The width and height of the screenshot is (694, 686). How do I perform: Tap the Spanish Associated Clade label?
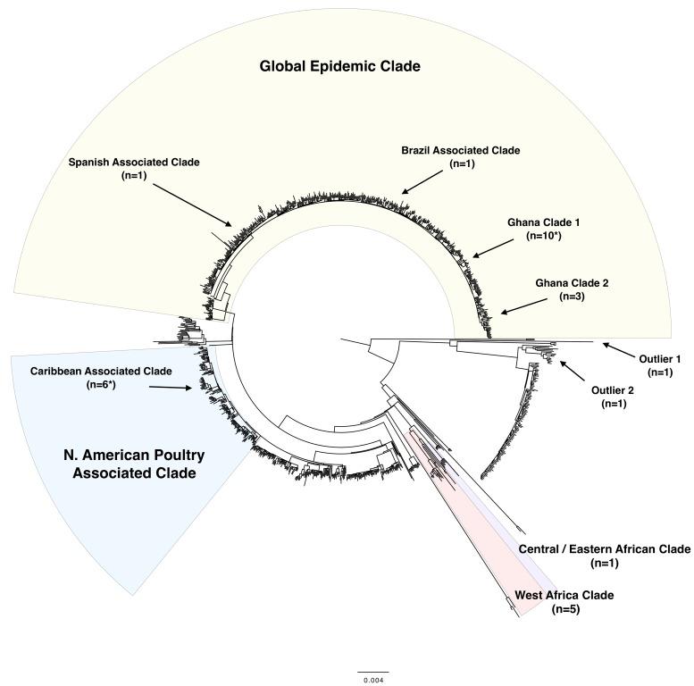coord(134,163)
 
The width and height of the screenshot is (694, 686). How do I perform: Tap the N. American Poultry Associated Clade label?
coord(134,463)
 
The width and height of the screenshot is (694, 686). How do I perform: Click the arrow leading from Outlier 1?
coord(619,348)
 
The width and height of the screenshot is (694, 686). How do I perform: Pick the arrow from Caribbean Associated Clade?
coord(170,387)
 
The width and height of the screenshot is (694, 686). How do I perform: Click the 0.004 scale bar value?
coord(372,682)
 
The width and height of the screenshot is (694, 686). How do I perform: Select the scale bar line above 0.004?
coord(372,672)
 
